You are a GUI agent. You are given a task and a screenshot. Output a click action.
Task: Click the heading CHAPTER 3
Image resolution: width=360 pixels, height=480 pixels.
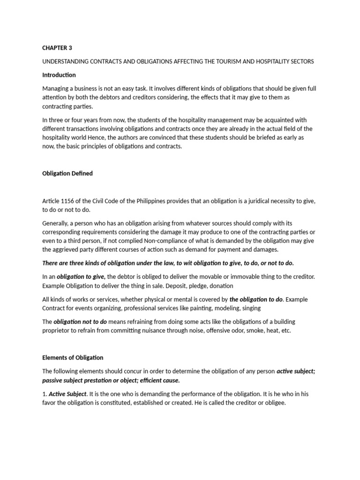click(x=57, y=48)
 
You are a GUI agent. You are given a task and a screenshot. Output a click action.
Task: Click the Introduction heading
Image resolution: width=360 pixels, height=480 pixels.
click(x=59, y=75)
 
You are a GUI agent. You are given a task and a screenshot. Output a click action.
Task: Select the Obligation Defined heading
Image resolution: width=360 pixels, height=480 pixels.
click(x=67, y=173)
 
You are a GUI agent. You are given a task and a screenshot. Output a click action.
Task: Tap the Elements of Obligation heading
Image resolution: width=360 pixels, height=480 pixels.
click(x=73, y=358)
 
